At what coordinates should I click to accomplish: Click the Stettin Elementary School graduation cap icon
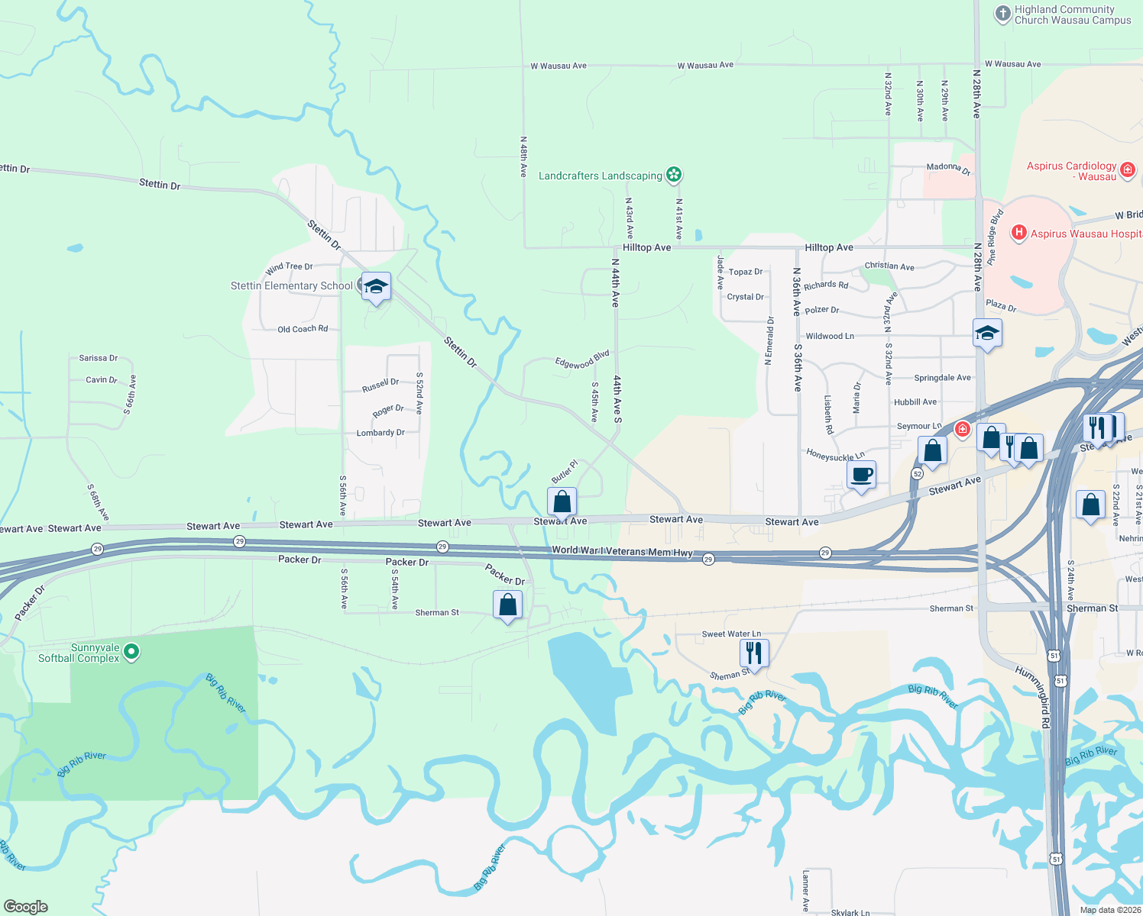(x=375, y=287)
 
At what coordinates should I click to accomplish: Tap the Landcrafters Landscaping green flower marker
(x=673, y=175)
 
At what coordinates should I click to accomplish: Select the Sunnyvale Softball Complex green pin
(x=131, y=652)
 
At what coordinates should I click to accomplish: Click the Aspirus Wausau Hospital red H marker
(x=1018, y=233)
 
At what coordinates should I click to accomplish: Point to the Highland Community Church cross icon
(x=1002, y=15)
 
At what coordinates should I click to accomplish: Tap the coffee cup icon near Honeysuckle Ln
(x=862, y=475)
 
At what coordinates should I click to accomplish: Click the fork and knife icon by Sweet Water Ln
(x=754, y=653)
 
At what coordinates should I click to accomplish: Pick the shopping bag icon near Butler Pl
(x=562, y=502)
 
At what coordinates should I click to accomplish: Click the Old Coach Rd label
(x=303, y=329)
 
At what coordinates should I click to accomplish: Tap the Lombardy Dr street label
(x=380, y=433)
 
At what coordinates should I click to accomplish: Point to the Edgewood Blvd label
(x=582, y=360)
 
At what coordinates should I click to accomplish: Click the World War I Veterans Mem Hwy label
(x=622, y=550)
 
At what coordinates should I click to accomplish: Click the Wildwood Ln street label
(x=830, y=336)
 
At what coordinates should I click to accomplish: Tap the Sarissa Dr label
(x=99, y=358)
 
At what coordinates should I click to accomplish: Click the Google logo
(x=26, y=907)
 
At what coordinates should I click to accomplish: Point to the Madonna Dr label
(x=948, y=168)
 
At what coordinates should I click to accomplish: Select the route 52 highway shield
(x=917, y=474)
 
